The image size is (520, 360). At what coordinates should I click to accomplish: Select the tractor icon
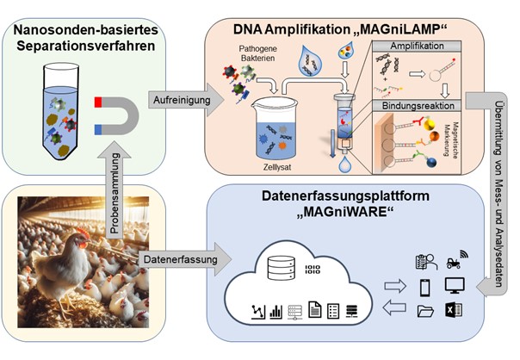point(453,260)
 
